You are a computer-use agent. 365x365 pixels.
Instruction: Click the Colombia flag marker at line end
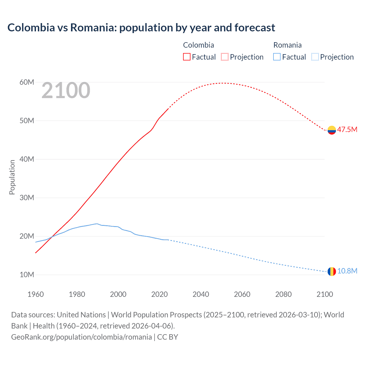[332, 130]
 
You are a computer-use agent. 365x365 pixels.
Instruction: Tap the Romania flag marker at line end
[332, 271]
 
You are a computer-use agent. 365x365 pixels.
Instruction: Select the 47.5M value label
[347, 129]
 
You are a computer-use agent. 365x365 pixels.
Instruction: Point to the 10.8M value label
[347, 271]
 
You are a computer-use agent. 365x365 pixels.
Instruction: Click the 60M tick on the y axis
[27, 82]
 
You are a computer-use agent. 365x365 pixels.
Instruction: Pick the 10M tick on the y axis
[27, 275]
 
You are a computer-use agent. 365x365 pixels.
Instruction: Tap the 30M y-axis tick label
[27, 198]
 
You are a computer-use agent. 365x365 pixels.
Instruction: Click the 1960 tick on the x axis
[36, 294]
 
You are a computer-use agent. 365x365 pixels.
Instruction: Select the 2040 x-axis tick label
[201, 294]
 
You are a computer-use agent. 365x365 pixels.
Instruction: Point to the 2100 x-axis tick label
[325, 294]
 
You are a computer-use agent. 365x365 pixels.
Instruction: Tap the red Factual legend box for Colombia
[186, 57]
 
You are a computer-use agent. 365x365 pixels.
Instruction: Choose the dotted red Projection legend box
[225, 57]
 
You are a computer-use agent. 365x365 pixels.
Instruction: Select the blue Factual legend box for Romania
[277, 57]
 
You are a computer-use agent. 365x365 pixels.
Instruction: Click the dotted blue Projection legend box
[315, 57]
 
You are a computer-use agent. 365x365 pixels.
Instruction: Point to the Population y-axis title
[12, 177]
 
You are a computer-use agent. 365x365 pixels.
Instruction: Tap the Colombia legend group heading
[198, 45]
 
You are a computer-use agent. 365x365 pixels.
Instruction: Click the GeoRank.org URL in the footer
[82, 337]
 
